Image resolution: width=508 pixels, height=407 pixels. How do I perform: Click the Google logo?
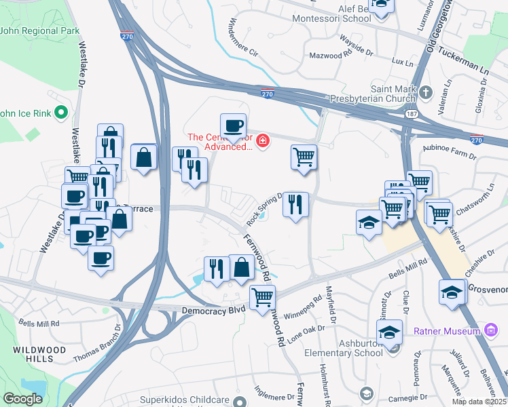(23, 399)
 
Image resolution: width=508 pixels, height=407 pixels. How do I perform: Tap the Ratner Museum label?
(448, 332)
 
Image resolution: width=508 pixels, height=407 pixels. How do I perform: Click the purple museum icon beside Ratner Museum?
(491, 331)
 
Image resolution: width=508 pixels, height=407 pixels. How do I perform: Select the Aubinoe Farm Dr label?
(450, 155)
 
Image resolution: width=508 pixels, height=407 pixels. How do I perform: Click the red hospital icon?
(262, 142)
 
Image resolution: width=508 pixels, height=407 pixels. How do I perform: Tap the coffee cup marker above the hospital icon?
(234, 125)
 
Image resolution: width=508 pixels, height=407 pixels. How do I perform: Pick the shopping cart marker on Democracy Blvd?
(261, 297)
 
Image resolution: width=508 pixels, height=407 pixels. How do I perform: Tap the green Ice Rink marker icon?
(60, 113)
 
